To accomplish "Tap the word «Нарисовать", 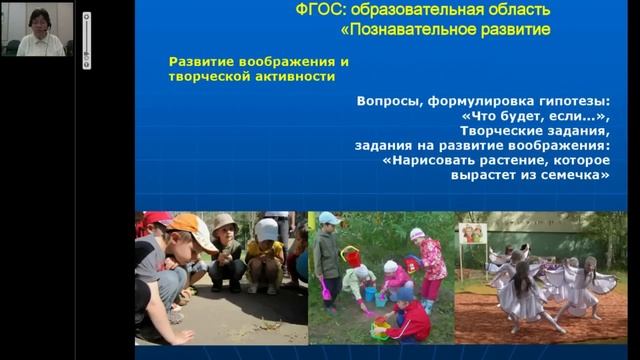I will click(434, 158).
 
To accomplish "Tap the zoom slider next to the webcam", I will click(86, 40).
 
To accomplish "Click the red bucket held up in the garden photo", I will click(350, 257).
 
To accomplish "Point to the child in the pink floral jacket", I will click(431, 257).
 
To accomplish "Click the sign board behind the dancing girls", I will click(472, 233).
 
